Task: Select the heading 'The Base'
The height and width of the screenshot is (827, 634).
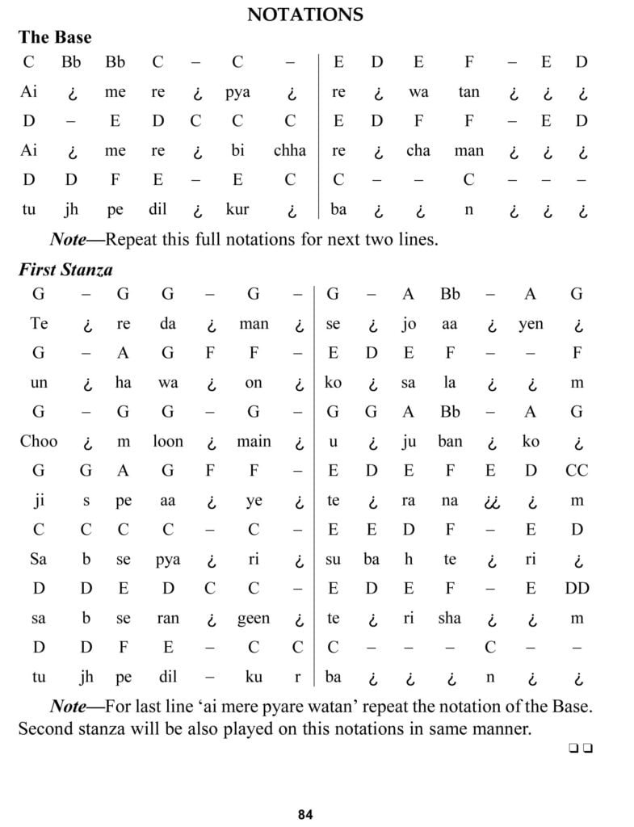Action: [55, 37]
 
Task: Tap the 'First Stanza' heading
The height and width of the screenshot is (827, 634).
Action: [65, 270]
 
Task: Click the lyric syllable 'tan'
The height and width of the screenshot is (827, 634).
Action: [468, 92]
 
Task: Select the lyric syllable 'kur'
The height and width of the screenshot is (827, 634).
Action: [237, 209]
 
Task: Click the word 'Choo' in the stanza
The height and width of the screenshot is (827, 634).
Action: [39, 442]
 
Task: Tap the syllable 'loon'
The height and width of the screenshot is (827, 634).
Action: [168, 442]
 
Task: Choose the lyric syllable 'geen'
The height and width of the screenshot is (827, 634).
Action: [253, 618]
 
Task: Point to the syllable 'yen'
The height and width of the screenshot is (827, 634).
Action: [531, 325]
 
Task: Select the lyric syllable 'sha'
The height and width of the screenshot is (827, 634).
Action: [449, 618]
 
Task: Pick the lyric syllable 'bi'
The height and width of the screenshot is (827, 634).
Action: [237, 151]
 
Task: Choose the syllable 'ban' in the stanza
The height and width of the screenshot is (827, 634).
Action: [450, 442]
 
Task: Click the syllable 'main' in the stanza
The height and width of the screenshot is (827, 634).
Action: [254, 442]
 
